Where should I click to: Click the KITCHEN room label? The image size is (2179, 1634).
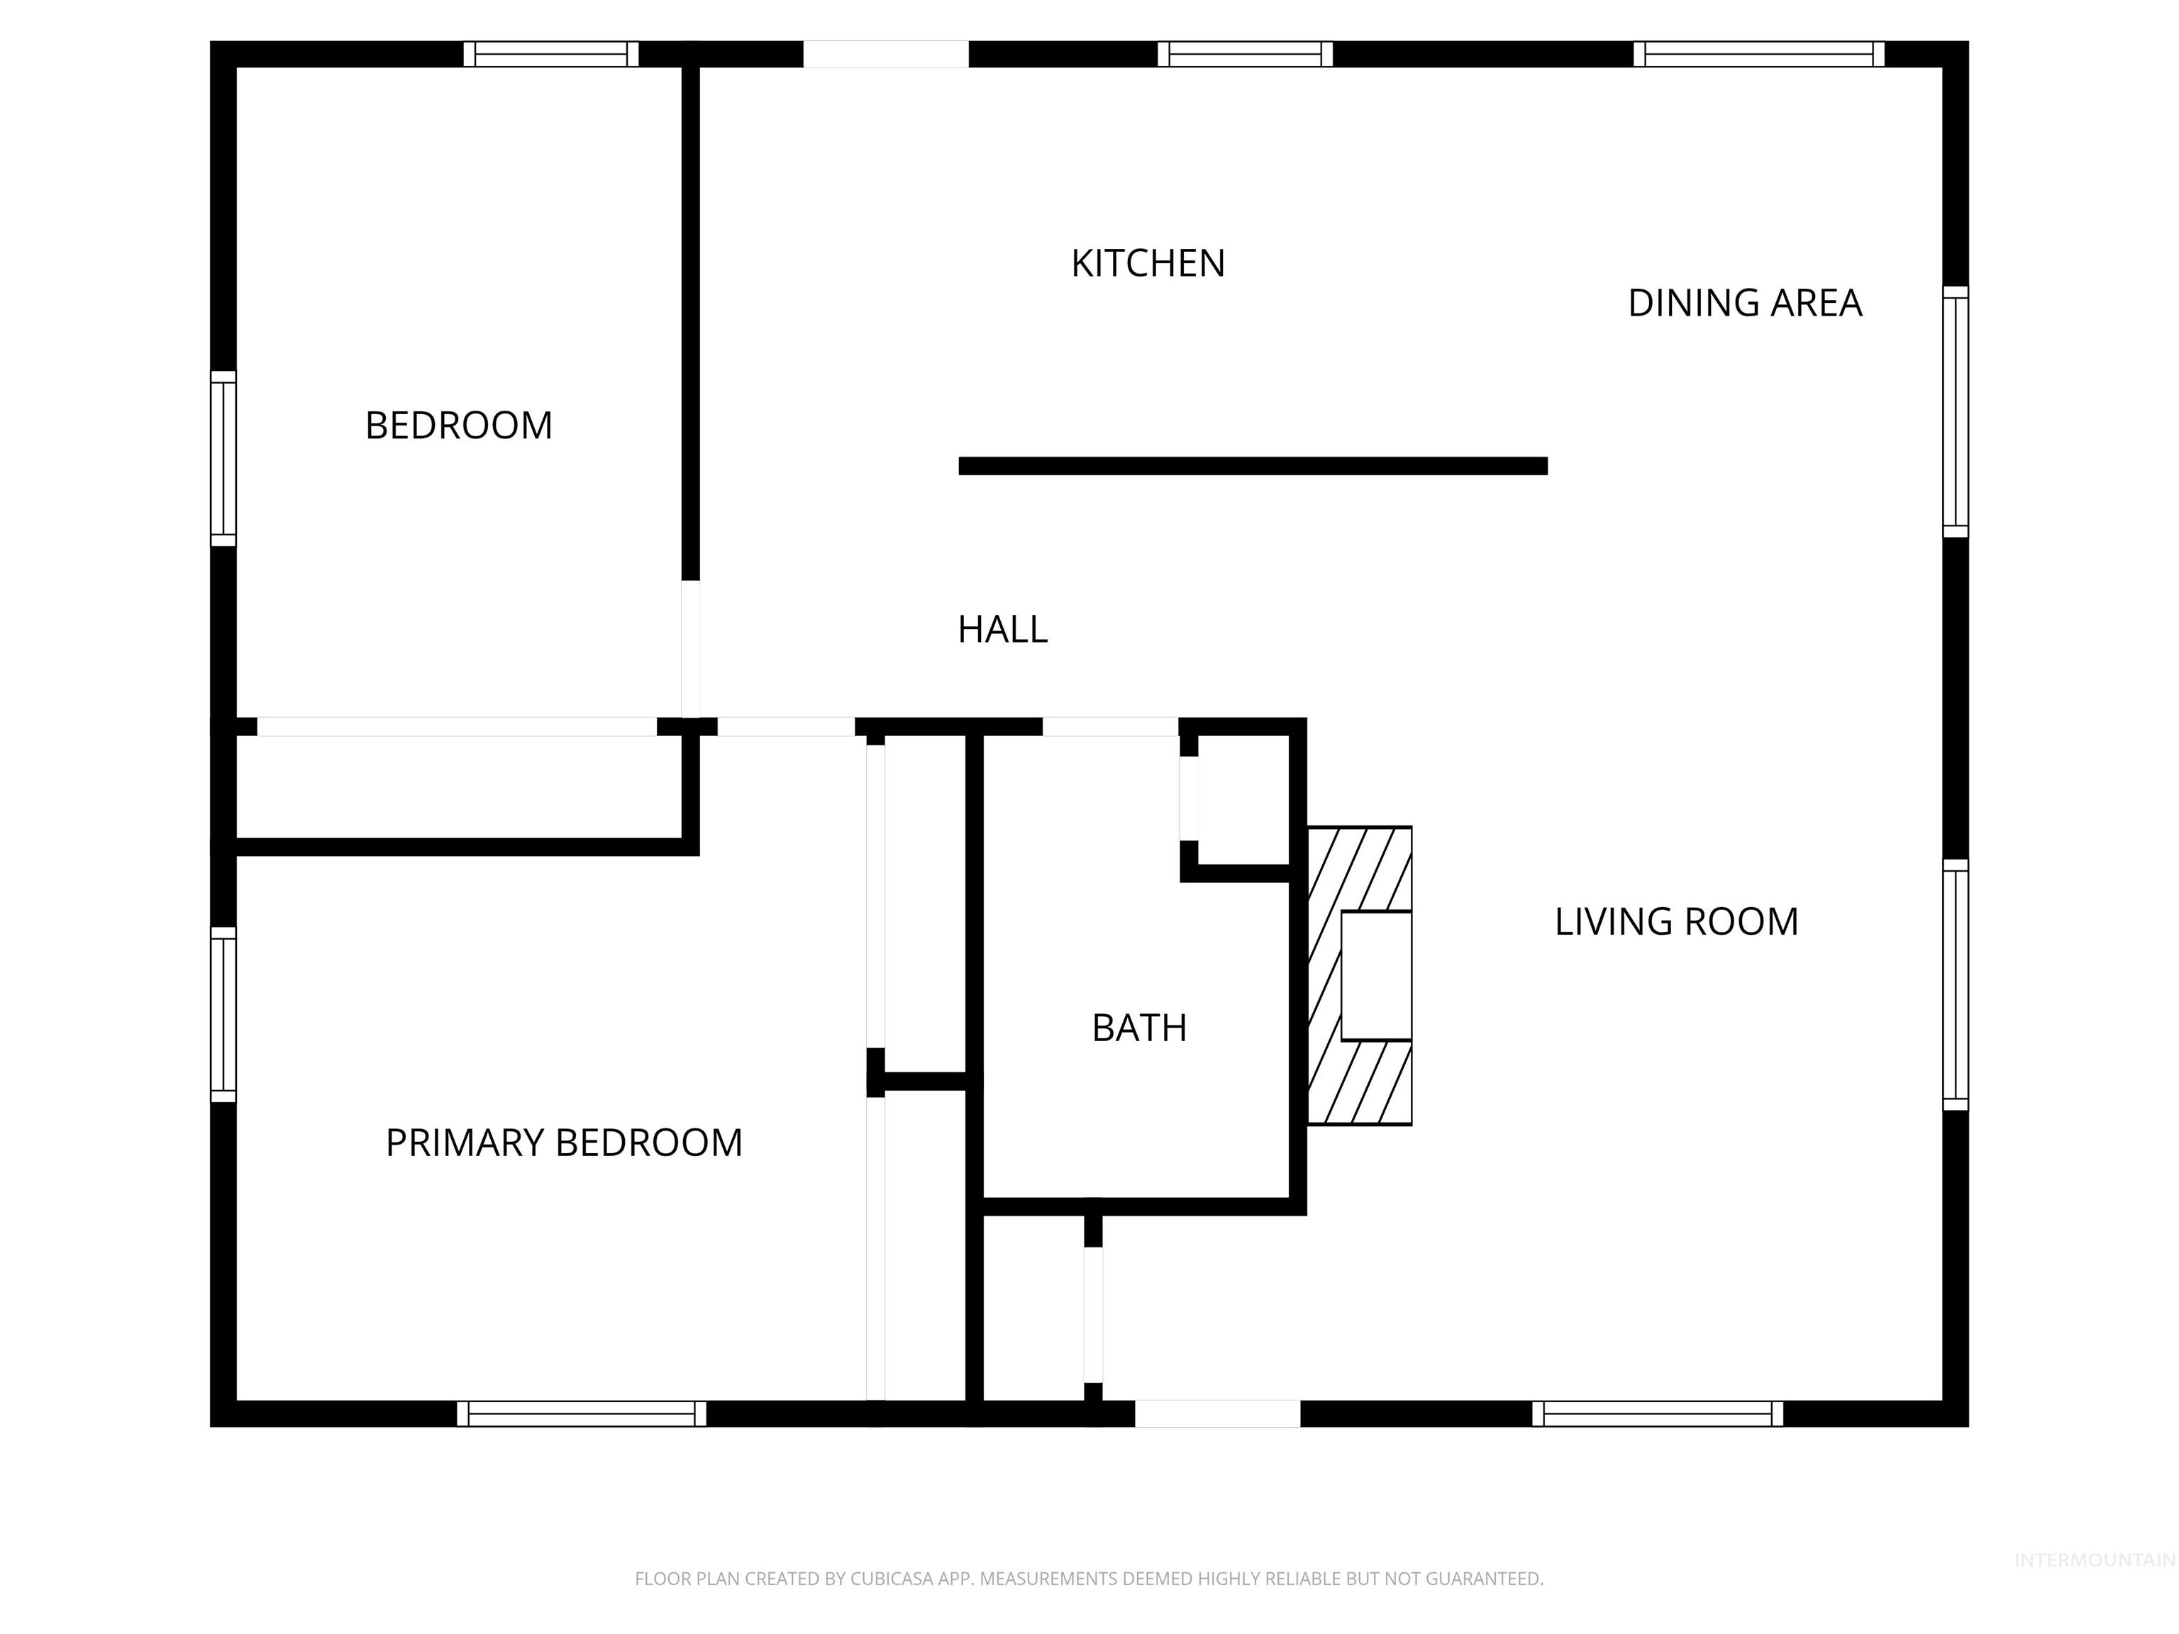pos(1148,264)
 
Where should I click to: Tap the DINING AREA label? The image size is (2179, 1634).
pos(1745,304)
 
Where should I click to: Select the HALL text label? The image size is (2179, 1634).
pos(1002,629)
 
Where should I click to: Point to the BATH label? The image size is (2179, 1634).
pos(1138,1028)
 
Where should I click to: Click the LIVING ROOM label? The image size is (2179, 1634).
pos(1675,922)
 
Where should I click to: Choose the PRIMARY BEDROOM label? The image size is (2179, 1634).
pos(563,1143)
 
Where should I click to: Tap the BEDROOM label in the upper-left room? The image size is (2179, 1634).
pos(458,426)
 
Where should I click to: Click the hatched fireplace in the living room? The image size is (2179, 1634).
pos(1360,975)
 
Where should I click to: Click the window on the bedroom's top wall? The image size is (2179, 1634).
pos(550,54)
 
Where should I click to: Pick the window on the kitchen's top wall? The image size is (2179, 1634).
pos(1245,54)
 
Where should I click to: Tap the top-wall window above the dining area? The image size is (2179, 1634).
pos(1758,54)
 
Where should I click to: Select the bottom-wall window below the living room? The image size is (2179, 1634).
pos(1657,1413)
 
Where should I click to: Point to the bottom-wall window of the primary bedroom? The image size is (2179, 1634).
pos(581,1413)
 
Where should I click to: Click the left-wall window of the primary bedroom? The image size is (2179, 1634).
pos(223,1014)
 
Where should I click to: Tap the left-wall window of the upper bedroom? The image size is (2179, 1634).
pos(223,458)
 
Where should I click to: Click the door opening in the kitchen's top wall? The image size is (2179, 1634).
pos(886,54)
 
